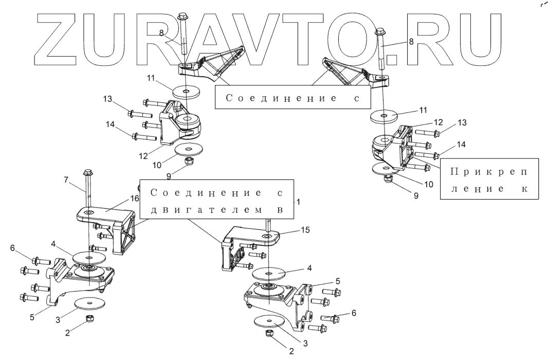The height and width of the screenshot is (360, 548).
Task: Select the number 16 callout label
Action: click(x=135, y=198)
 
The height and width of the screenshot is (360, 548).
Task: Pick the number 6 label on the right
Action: click(x=353, y=312)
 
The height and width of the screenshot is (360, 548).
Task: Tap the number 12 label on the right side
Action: click(x=437, y=122)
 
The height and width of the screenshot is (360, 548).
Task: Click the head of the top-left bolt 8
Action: click(x=184, y=15)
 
